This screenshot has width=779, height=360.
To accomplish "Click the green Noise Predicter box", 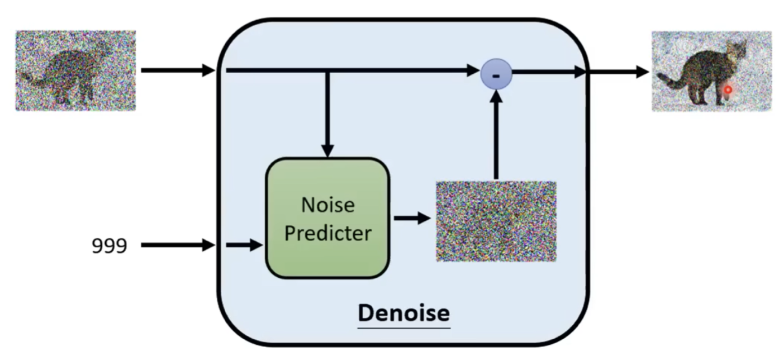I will (x=327, y=218).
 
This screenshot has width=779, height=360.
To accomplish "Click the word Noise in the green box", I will (x=327, y=205).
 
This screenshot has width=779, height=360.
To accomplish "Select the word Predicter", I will (x=327, y=233).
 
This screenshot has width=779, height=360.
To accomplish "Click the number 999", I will (x=110, y=245).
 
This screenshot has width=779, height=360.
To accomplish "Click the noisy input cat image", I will (x=75, y=70).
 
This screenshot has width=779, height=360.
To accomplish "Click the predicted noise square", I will (x=496, y=221).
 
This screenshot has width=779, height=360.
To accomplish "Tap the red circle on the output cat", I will (x=728, y=89).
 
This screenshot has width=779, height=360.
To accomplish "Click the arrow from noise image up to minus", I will (x=496, y=134).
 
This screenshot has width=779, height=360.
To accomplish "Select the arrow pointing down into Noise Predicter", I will (x=327, y=117).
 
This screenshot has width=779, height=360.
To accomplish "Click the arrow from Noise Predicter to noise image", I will (x=412, y=218).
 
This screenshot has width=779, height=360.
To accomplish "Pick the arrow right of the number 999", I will (x=178, y=245).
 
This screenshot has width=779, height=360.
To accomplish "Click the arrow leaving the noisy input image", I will (x=178, y=70).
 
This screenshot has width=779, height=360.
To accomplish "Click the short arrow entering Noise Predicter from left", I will (x=244, y=245).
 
